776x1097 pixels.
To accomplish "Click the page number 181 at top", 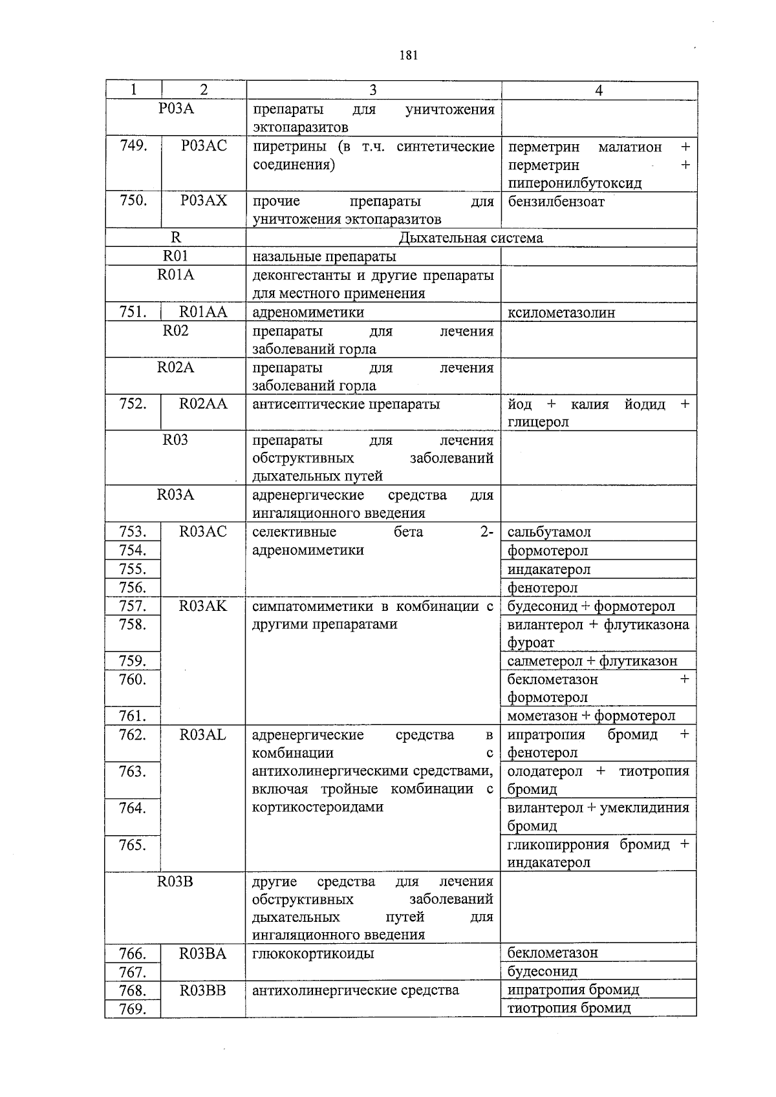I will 409,55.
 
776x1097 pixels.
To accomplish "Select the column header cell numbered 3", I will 373,91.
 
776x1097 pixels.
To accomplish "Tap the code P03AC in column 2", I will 204,146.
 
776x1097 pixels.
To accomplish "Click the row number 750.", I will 133,200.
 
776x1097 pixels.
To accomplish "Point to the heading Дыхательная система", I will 471,238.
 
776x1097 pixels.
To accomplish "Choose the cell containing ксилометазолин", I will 561,313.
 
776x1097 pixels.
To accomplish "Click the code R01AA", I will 203,312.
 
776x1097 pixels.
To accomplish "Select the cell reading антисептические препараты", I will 346,404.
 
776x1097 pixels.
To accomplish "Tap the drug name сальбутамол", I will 549,532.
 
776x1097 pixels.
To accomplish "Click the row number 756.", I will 133,587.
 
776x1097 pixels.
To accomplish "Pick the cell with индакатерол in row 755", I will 549,570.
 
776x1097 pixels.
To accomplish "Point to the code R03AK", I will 203,606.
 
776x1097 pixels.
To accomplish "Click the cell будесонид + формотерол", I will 591,606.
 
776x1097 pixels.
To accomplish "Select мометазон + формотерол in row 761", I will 591,716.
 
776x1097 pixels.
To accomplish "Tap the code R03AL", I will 203,734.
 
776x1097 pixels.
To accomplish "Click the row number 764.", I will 133,808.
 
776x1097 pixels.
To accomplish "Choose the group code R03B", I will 175,881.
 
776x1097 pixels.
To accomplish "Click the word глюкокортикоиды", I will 313,953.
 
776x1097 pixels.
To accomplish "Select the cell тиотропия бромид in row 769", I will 569,1008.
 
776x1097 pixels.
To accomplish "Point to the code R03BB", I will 203,990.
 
